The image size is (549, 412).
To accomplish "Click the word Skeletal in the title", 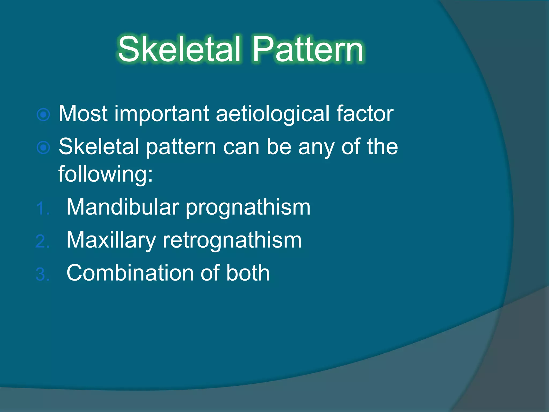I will (179, 50).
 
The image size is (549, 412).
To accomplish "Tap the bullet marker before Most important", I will (43, 115).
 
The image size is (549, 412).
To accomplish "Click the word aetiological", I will (272, 114).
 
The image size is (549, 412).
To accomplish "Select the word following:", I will (106, 174).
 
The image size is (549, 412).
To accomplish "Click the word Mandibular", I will (123, 207).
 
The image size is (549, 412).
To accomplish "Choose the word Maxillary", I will (111, 240).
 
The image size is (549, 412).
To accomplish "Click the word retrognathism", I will (232, 240).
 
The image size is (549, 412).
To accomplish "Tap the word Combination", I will (130, 273).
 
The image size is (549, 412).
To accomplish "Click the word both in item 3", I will (248, 273).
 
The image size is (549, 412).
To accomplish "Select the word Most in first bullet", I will (83, 114).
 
